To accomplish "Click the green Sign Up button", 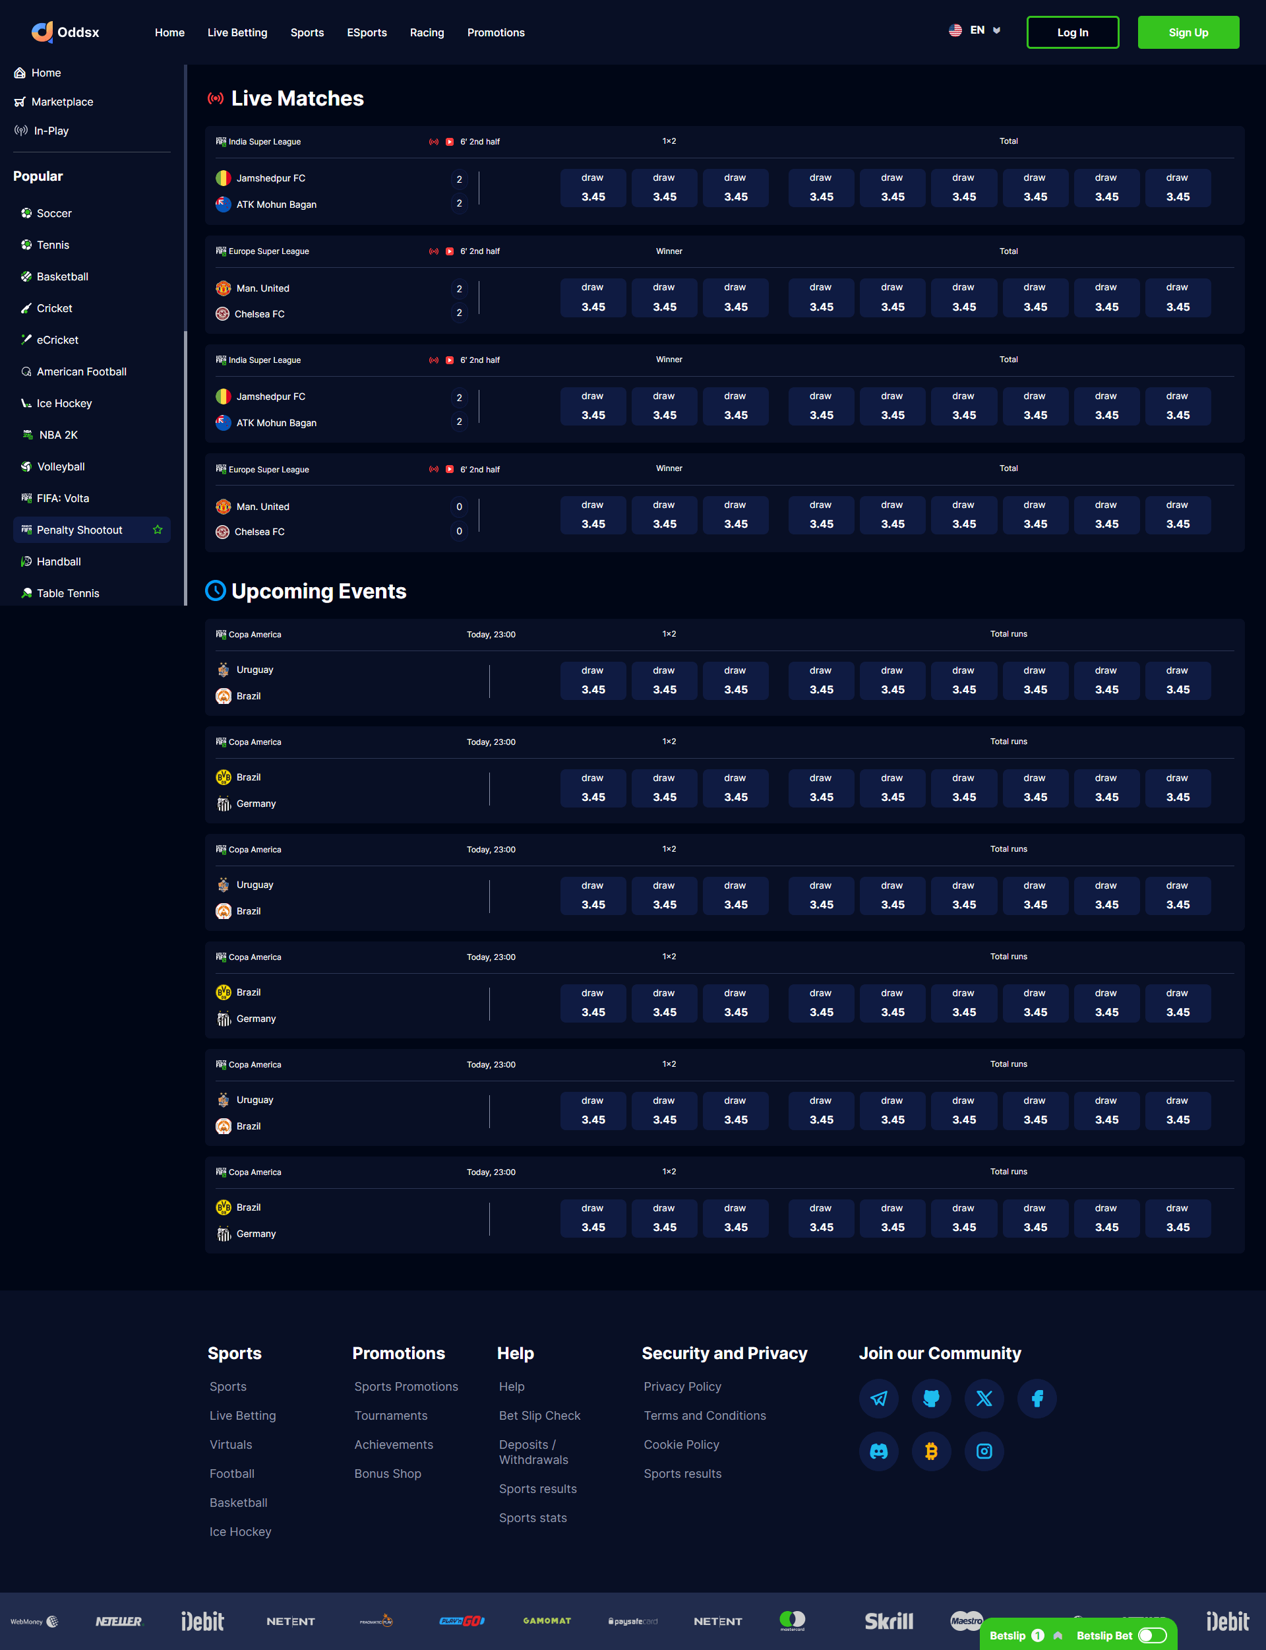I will pos(1188,32).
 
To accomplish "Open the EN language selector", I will pos(975,31).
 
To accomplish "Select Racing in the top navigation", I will pos(427,32).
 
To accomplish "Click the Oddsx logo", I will pos(65,32).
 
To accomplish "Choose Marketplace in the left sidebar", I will pos(62,102).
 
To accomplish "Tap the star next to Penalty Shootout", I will pos(158,530).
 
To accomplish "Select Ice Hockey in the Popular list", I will pos(64,403).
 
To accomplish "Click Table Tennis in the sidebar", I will pos(68,593).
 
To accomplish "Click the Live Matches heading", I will pos(297,99).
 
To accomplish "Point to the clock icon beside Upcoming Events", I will pos(216,591).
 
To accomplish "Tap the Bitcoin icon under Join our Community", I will pos(932,1451).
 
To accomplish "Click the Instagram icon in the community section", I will pos(984,1451).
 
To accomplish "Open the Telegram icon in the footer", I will pos(879,1398).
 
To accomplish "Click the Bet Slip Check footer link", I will pos(539,1416).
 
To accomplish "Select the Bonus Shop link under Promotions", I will pos(387,1474).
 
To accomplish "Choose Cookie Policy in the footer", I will pos(681,1444).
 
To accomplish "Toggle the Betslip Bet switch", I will pos(1151,1635).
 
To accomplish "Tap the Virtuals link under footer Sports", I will pos(231,1444).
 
